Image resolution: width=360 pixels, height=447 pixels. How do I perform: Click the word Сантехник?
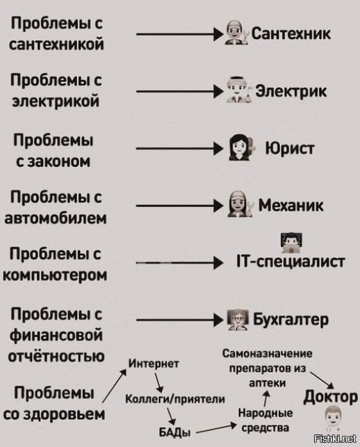tap(291, 33)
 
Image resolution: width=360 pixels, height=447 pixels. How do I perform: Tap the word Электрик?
tap(291, 92)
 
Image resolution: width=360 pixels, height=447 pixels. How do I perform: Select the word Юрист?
tap(290, 148)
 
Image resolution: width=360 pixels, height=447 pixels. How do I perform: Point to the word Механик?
tap(291, 205)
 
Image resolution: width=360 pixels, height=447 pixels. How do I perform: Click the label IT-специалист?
tap(291, 261)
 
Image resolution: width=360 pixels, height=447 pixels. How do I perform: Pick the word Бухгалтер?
tap(291, 320)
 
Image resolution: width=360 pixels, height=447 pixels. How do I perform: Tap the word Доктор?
tap(330, 397)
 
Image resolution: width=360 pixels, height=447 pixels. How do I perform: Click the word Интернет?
tap(154, 364)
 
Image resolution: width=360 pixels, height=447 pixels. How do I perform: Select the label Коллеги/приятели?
tap(175, 399)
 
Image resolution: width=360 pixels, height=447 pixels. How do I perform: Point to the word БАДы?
tap(174, 432)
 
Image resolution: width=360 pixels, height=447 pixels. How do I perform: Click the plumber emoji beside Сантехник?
tap(236, 33)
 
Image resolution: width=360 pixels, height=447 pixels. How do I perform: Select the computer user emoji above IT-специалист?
tap(291, 243)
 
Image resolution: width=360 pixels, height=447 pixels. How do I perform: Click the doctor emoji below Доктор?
tap(333, 418)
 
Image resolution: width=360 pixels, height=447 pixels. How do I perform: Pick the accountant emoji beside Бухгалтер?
tap(238, 320)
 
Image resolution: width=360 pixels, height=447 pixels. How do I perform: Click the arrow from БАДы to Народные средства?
tap(217, 428)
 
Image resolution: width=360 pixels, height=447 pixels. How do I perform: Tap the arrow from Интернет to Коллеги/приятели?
tap(159, 382)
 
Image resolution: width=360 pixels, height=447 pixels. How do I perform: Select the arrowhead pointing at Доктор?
tap(330, 385)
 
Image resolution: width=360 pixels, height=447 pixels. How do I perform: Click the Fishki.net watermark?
tap(335, 439)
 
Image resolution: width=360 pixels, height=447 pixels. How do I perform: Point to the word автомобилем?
tap(56, 219)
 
